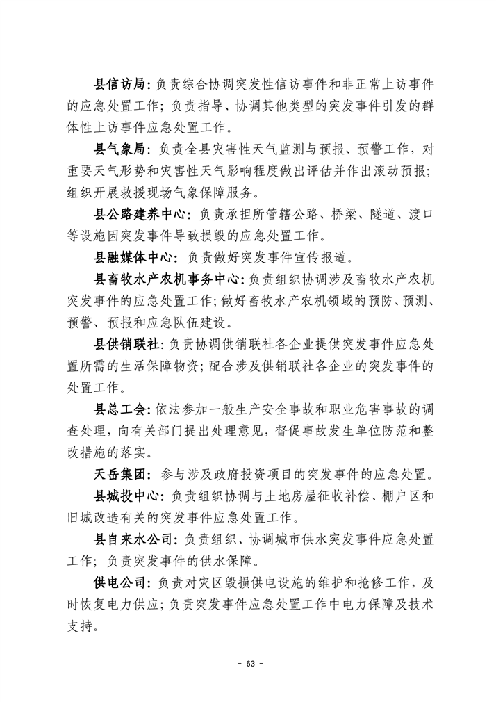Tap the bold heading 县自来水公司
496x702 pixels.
click(131, 539)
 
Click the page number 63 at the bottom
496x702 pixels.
click(247, 664)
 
